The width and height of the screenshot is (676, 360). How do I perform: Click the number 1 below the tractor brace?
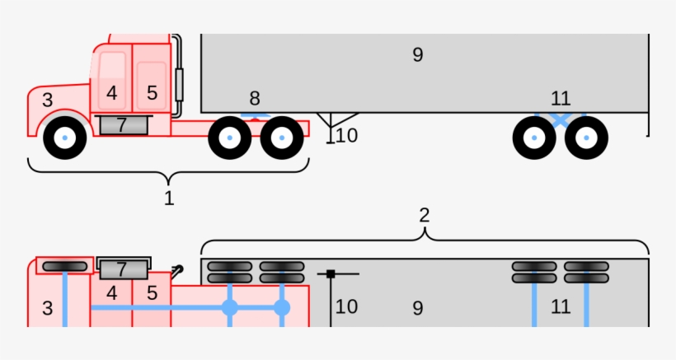coord(169,199)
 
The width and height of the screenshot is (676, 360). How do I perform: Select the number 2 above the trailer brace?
coord(424,216)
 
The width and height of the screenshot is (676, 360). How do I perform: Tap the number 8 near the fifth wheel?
coord(255,100)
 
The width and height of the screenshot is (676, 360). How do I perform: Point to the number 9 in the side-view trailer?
coord(418,55)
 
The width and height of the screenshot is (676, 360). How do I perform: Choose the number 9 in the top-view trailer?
coord(418,307)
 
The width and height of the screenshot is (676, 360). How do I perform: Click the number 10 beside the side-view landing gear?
coord(347,135)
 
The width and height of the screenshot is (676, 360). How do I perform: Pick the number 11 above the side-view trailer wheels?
coord(561,99)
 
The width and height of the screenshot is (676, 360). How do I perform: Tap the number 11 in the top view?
coord(561,307)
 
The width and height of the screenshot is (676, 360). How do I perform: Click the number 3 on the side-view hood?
coord(47,101)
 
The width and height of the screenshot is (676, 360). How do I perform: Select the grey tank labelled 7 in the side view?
coord(122,125)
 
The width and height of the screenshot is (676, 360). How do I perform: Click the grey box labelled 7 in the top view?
coord(123,269)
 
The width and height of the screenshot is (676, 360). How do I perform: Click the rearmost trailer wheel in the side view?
coord(586,138)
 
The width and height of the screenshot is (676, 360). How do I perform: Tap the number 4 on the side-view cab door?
coord(112,93)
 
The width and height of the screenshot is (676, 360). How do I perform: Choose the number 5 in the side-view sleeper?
coord(152,93)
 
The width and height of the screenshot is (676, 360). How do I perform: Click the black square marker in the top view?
coord(331,274)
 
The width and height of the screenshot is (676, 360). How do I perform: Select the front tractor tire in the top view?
coord(65,266)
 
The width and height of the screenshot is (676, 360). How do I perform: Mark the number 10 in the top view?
coord(346,307)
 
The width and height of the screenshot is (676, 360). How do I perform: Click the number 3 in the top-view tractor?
coord(47,309)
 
